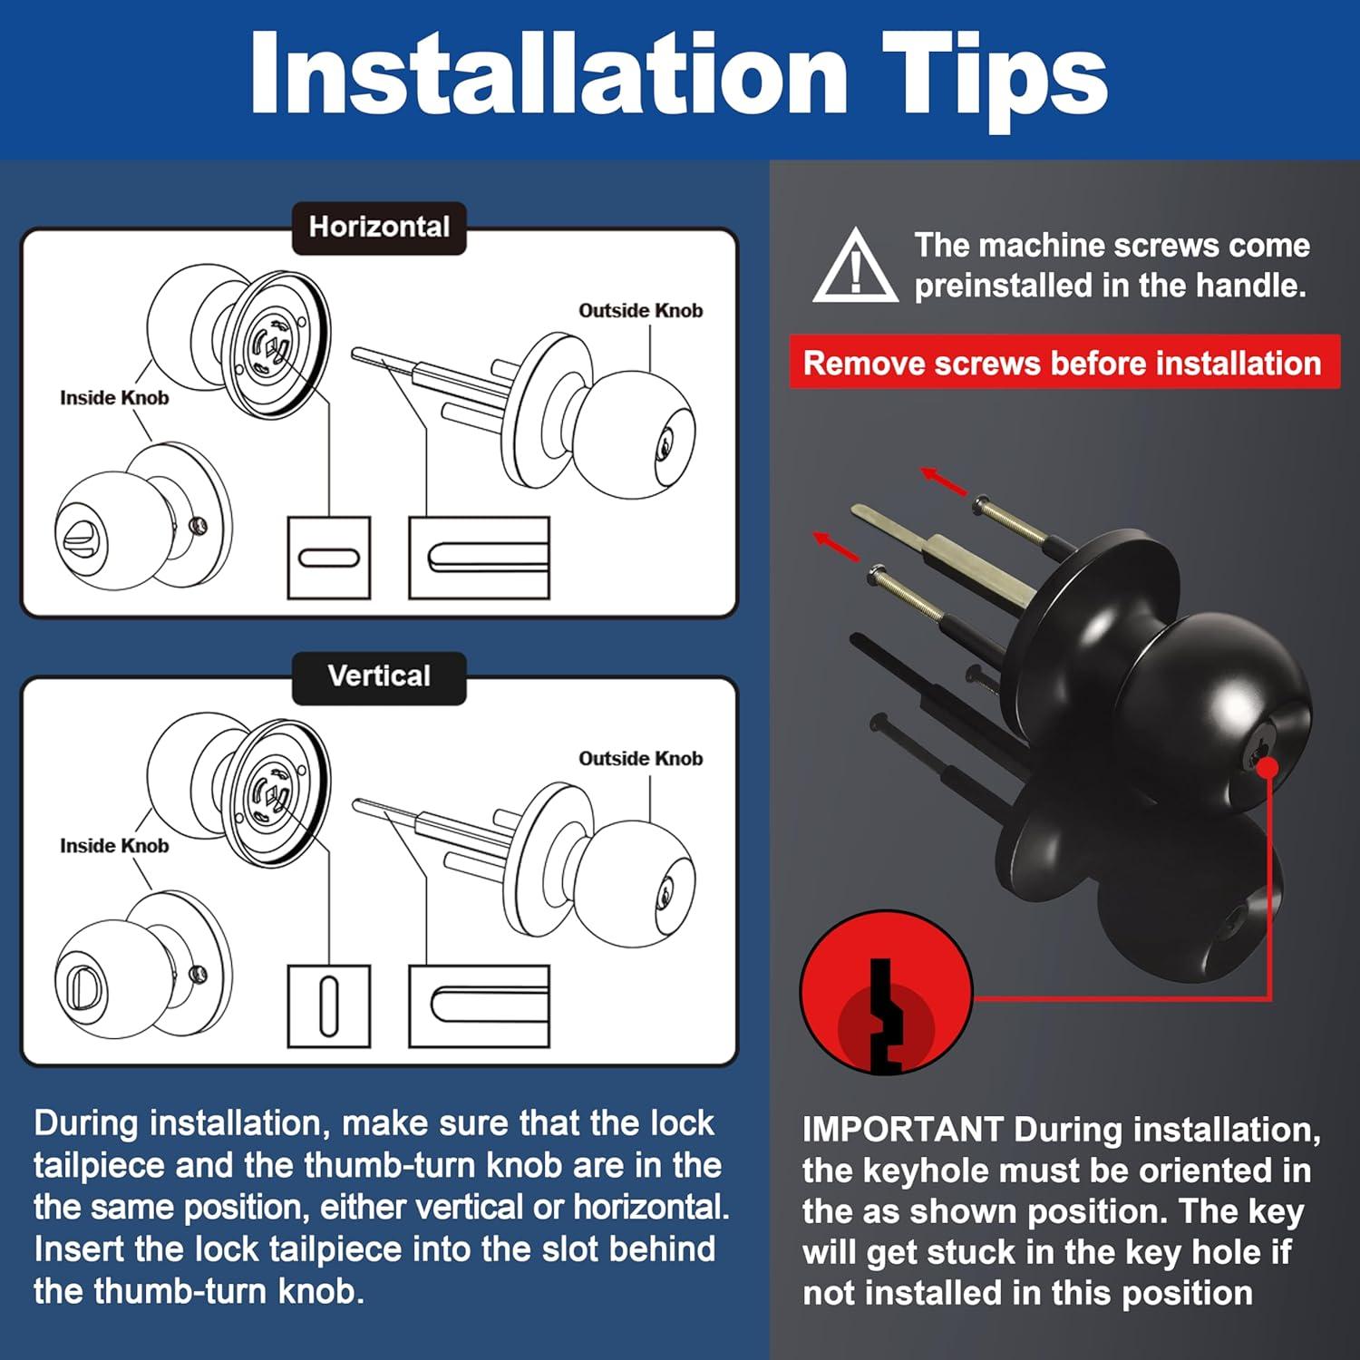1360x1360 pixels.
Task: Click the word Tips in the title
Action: tap(995, 76)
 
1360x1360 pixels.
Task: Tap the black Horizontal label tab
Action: tap(379, 228)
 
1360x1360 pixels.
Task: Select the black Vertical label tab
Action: tap(379, 677)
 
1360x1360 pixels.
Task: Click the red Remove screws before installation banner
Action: tap(1064, 363)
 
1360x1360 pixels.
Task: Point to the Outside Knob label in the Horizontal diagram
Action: tap(641, 311)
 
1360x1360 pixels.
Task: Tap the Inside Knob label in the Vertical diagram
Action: tap(114, 846)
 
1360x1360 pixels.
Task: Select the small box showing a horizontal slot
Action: tap(329, 558)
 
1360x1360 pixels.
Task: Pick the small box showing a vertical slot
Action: tap(329, 1005)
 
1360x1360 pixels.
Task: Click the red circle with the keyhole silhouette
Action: tap(886, 995)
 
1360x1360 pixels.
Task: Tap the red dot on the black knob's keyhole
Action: tap(1268, 768)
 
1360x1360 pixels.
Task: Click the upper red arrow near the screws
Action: tap(944, 481)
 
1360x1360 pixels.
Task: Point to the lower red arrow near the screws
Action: tap(837, 546)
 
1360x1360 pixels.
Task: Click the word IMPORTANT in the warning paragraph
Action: tap(902, 1130)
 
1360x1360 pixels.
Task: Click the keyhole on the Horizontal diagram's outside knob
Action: tap(665, 445)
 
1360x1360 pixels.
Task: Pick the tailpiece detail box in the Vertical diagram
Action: tap(480, 1005)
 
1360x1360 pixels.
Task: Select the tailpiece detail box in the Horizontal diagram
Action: tap(480, 558)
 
